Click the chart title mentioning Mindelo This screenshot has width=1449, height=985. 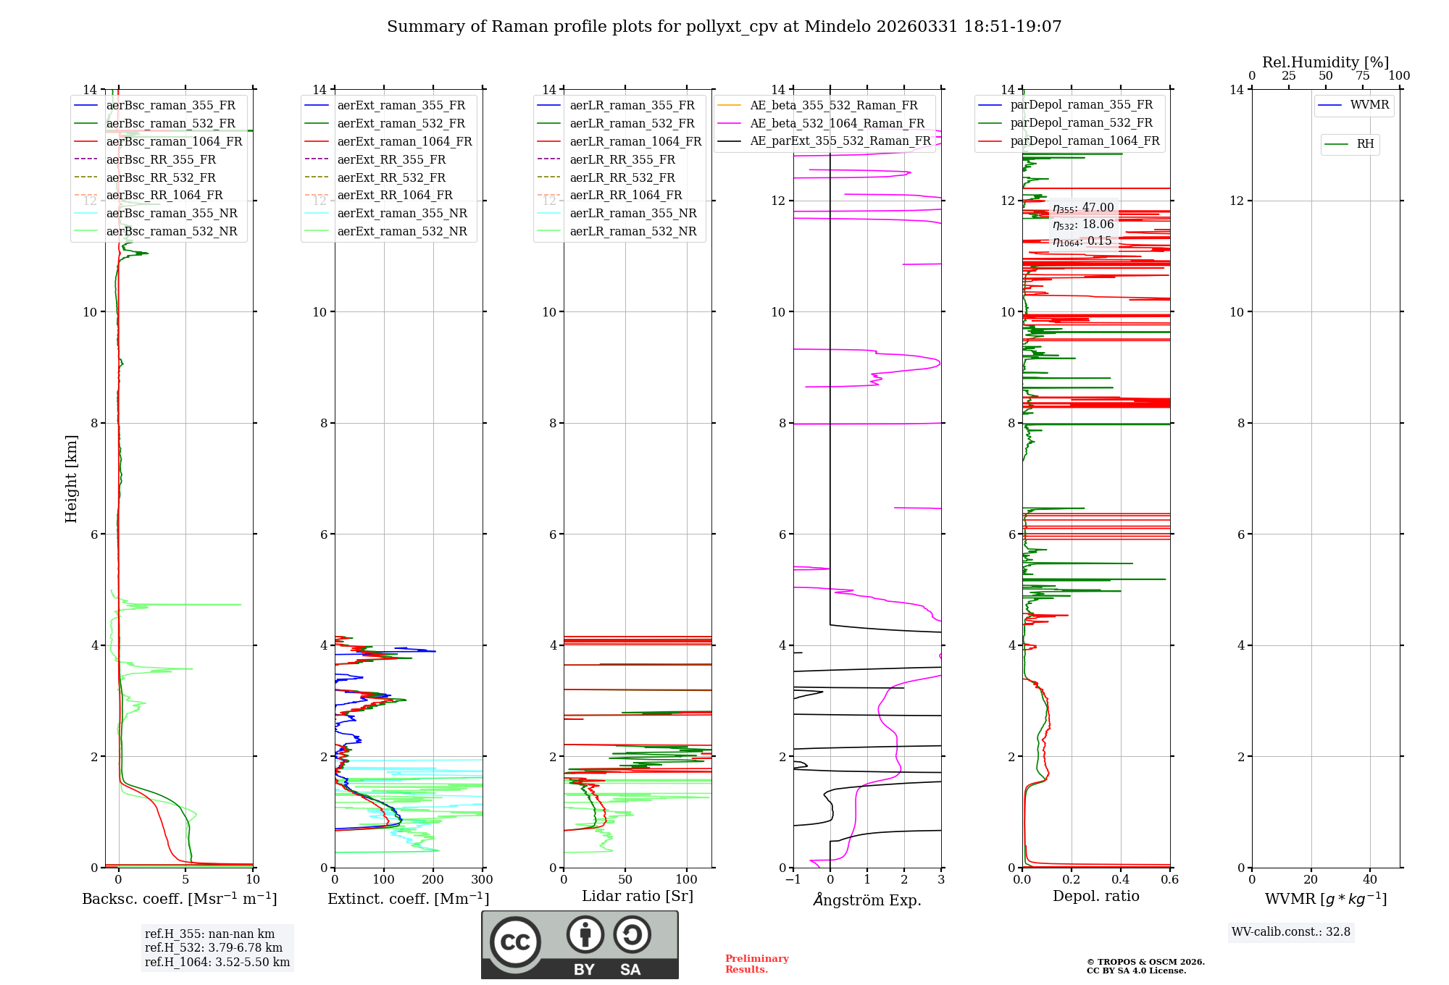click(724, 27)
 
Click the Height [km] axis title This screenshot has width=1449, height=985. click(71, 478)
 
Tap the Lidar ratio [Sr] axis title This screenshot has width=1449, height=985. click(638, 896)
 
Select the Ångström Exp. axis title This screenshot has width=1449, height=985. click(867, 900)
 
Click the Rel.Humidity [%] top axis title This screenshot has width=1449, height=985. click(1325, 62)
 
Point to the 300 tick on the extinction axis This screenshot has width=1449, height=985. click(483, 880)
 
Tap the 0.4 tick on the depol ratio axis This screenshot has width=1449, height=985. click(1121, 880)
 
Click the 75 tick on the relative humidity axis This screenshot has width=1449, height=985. click(1362, 76)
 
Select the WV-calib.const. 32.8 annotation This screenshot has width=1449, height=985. click(1291, 931)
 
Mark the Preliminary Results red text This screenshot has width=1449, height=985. click(756, 963)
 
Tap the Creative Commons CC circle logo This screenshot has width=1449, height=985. click(515, 942)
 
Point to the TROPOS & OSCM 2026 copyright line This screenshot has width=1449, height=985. click(1145, 962)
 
